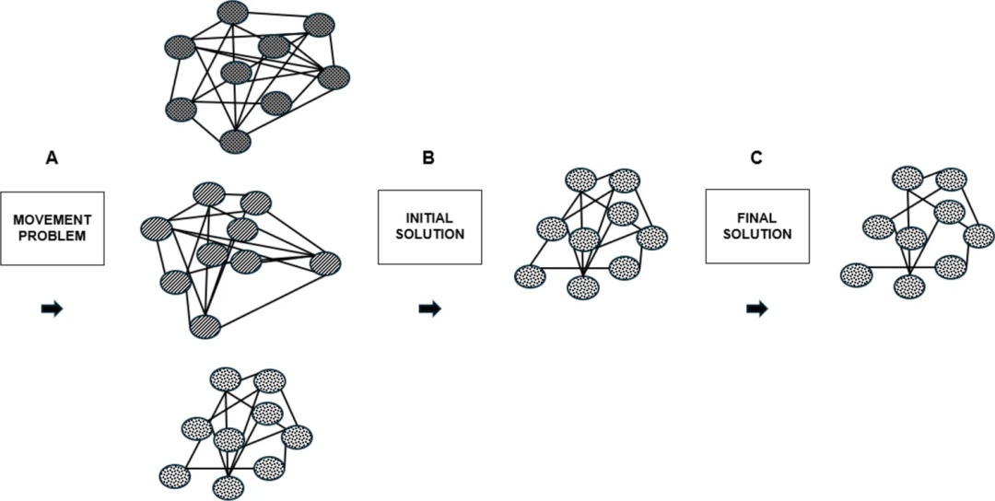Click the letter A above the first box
click(53, 158)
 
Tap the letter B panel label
click(428, 158)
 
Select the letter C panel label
click(755, 158)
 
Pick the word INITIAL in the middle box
click(429, 219)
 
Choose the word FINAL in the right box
click(757, 219)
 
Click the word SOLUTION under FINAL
click(757, 234)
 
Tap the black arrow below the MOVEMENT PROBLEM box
click(53, 309)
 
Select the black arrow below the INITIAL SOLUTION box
click(429, 309)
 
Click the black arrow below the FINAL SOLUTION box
click(757, 309)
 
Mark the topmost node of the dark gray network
click(234, 12)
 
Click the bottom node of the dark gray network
click(236, 141)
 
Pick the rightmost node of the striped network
click(325, 263)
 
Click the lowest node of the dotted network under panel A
click(226, 485)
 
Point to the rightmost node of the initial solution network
click(651, 238)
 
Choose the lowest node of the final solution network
click(910, 285)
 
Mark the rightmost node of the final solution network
click(977, 236)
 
